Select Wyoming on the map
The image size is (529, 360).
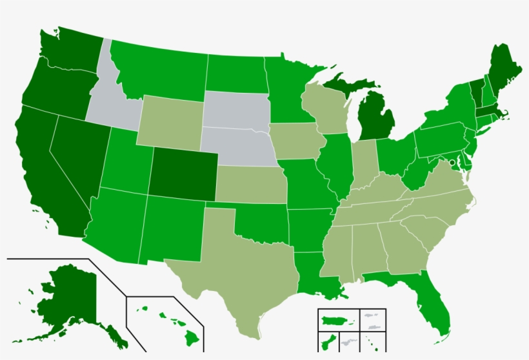click(171, 123)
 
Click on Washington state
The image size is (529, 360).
click(68, 52)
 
